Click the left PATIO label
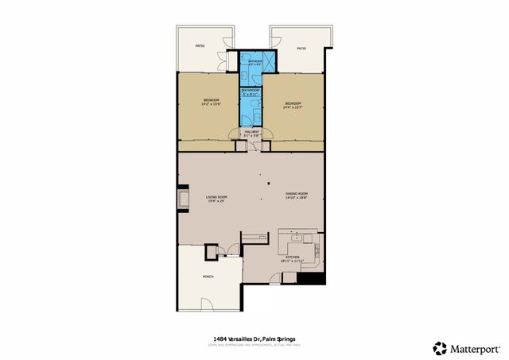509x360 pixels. click(200, 46)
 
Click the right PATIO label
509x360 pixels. click(301, 48)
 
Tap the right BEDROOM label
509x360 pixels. click(293, 103)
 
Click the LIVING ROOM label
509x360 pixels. click(216, 197)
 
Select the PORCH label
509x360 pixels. click(208, 277)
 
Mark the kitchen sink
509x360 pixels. click(297, 237)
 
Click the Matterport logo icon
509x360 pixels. click(439, 347)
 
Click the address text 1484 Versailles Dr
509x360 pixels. click(231, 338)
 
